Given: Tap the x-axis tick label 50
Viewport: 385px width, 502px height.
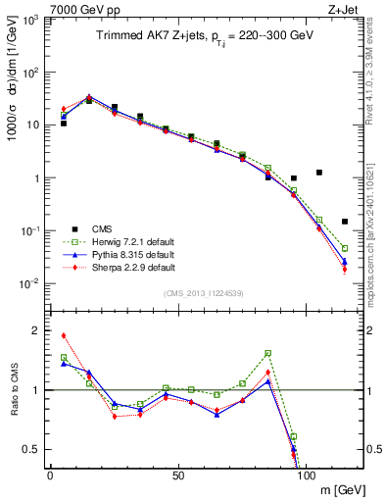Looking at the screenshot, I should point(178,474).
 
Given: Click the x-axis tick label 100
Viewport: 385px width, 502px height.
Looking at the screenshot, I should point(307,474).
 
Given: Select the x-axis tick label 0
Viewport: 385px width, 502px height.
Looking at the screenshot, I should point(50,474).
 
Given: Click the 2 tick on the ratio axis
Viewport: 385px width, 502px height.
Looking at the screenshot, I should point(35,330).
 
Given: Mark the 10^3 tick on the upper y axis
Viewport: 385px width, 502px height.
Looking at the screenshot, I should point(30,20).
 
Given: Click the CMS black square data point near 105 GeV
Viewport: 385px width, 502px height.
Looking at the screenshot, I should point(319,173).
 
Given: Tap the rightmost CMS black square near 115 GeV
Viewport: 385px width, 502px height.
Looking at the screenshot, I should point(345,222).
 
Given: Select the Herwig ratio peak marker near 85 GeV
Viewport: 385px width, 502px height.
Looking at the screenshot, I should point(268,353).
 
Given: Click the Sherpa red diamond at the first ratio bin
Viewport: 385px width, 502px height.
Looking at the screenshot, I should point(64,335).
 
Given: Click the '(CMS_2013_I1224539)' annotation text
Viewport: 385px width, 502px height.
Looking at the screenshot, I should point(205,292).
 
